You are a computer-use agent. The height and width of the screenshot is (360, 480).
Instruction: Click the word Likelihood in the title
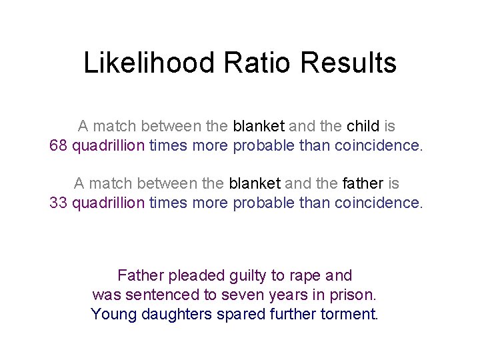click(x=149, y=63)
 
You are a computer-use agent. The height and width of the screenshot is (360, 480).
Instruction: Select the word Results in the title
click(x=349, y=63)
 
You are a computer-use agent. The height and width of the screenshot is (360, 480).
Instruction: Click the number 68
click(x=59, y=145)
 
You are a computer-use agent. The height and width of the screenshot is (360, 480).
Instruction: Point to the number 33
click(x=59, y=202)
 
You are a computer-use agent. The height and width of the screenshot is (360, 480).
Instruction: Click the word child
click(x=363, y=125)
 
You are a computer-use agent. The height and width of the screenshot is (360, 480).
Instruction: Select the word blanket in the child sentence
click(x=259, y=125)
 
